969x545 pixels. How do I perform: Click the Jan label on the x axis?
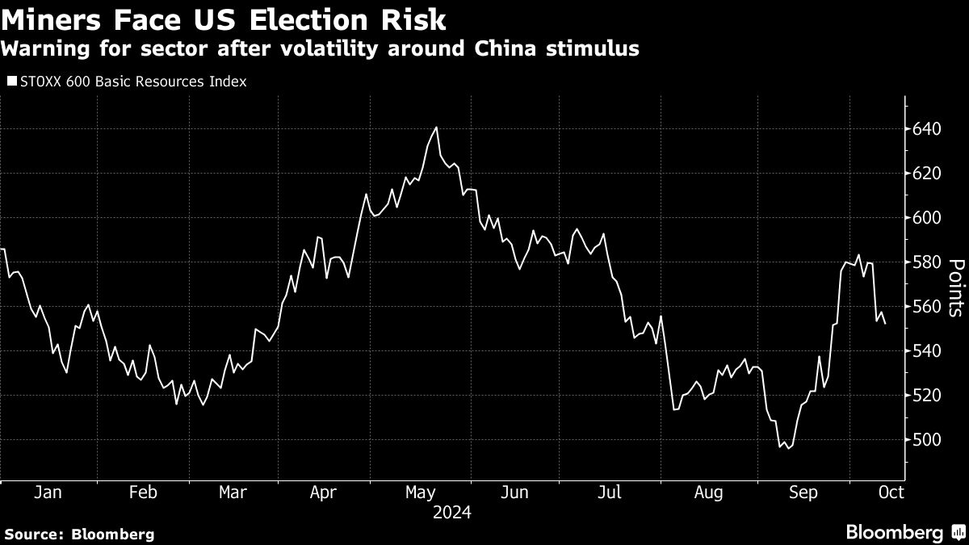(48, 492)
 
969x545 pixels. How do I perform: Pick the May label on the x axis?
(420, 492)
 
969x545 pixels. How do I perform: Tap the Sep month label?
(803, 492)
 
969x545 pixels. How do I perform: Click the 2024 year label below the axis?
(452, 513)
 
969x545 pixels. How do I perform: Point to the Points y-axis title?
(956, 287)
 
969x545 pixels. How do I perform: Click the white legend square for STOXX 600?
(11, 82)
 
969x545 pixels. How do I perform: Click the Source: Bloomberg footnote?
(79, 534)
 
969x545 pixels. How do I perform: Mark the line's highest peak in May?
(436, 127)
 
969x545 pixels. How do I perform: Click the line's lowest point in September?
(787, 448)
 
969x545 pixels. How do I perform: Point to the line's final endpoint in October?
(886, 324)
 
